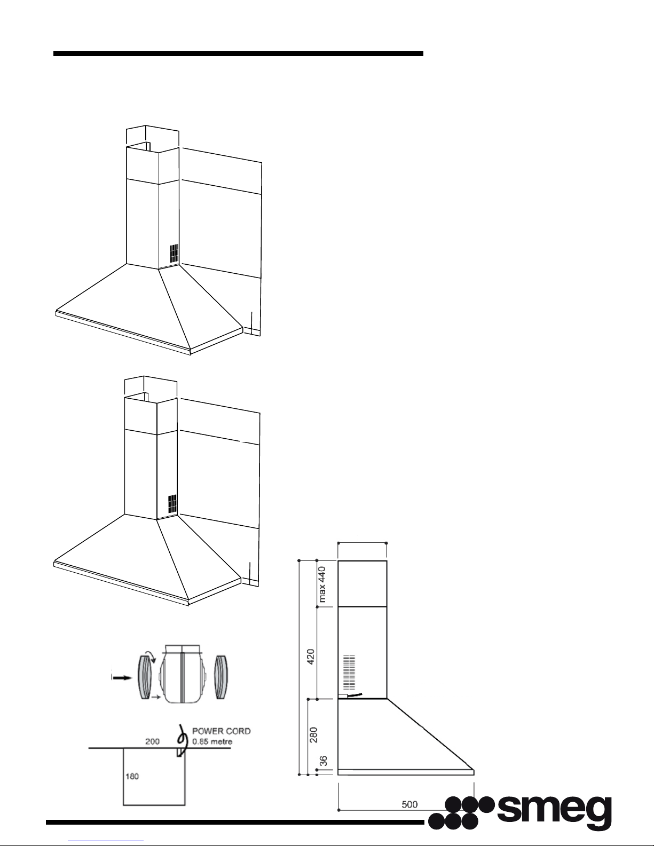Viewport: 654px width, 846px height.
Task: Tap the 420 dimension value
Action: pyautogui.click(x=311, y=657)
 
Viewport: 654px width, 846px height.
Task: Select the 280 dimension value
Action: pyautogui.click(x=313, y=735)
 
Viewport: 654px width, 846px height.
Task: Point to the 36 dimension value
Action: pyautogui.click(x=323, y=761)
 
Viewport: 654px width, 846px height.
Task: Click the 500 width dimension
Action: pyautogui.click(x=409, y=804)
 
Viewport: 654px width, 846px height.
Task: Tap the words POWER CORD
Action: pyautogui.click(x=222, y=731)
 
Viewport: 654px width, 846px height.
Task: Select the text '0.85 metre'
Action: pyautogui.click(x=212, y=741)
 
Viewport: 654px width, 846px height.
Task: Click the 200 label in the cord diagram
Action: pyautogui.click(x=152, y=741)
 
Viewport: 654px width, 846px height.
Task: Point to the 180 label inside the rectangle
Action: pyautogui.click(x=132, y=776)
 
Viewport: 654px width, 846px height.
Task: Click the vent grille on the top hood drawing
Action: pyautogui.click(x=175, y=253)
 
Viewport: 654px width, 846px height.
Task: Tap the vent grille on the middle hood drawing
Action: pyautogui.click(x=172, y=503)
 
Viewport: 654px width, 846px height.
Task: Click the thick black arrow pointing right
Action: pyautogui.click(x=122, y=678)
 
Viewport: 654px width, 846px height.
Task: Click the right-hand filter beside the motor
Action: pyautogui.click(x=221, y=677)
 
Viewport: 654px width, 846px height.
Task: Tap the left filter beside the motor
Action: pyautogui.click(x=145, y=677)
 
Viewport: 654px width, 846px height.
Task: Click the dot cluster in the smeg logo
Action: pyautogui.click(x=462, y=813)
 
